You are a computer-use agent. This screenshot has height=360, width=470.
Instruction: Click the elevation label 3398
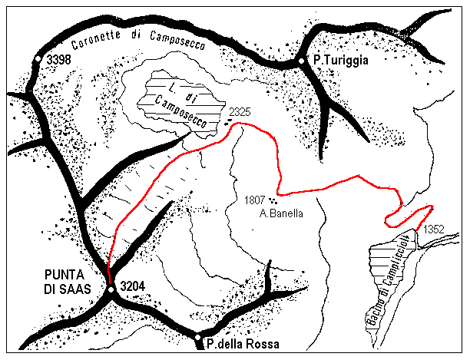60,59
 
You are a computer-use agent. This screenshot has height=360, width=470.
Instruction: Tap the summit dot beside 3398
38,58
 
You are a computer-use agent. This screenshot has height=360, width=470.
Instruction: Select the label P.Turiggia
340,59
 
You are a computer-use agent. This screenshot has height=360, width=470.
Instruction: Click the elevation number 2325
241,112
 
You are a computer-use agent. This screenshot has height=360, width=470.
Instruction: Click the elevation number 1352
434,227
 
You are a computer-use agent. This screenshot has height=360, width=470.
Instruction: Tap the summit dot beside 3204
111,289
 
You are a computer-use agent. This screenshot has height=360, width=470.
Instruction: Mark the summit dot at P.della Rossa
198,338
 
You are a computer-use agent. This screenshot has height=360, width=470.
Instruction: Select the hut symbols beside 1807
273,201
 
